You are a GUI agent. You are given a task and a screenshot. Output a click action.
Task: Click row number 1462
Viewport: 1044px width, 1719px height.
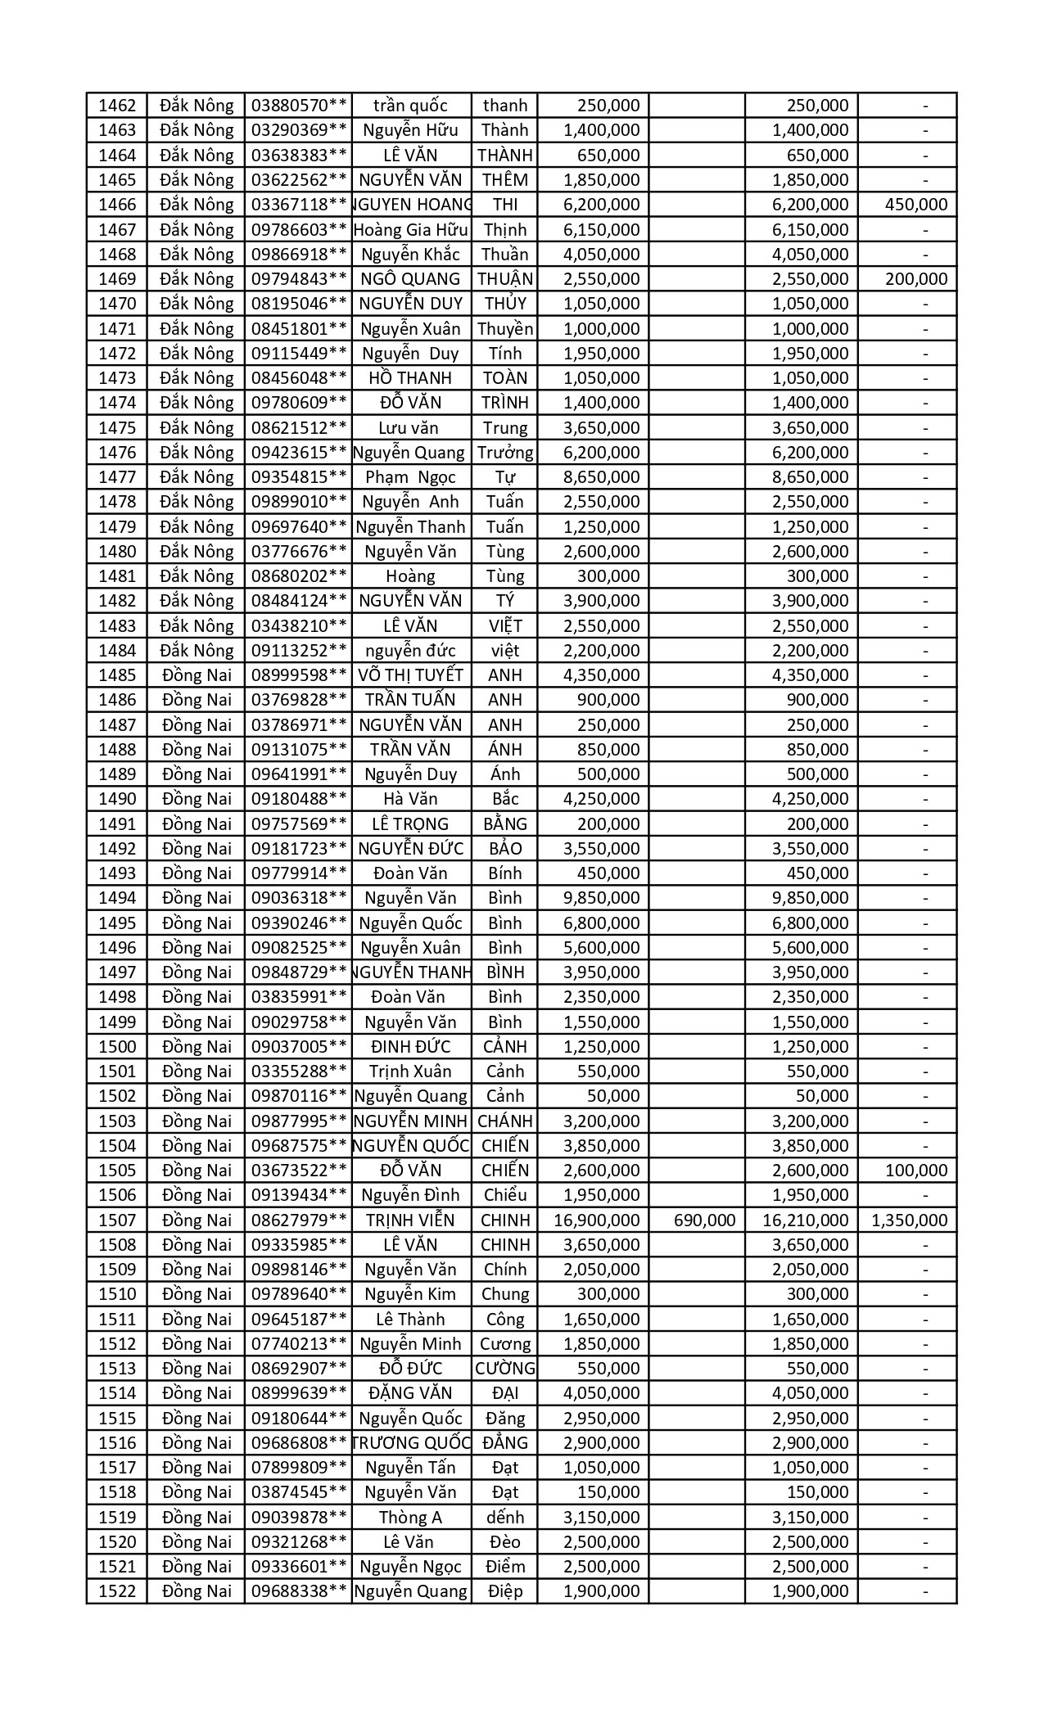click(x=116, y=106)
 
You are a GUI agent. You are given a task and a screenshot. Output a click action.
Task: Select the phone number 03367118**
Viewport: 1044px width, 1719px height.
click(x=299, y=205)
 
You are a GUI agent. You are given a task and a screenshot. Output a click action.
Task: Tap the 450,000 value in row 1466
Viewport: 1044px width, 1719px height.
click(x=916, y=205)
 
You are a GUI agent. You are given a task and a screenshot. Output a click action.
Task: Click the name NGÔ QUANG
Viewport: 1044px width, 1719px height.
click(x=411, y=279)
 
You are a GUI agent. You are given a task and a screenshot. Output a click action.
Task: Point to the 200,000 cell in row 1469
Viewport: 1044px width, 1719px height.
click(x=916, y=279)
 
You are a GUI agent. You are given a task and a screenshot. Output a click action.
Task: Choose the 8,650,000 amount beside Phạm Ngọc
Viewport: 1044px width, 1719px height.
click(x=602, y=477)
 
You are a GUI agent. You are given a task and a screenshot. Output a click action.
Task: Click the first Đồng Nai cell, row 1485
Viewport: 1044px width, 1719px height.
click(x=197, y=675)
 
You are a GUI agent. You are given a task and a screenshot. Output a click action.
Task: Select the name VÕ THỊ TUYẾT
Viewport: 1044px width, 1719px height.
click(x=411, y=675)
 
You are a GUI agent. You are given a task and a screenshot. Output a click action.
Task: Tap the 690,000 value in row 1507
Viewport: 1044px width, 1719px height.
click(x=704, y=1220)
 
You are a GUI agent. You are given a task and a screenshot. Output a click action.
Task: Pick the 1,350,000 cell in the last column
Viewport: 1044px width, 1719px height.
click(x=909, y=1220)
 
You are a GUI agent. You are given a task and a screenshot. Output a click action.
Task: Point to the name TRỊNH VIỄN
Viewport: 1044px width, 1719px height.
click(x=411, y=1220)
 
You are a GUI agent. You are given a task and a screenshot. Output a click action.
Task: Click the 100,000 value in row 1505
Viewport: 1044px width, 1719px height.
click(x=916, y=1171)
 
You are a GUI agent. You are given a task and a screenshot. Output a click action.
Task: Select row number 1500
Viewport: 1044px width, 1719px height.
click(x=116, y=1047)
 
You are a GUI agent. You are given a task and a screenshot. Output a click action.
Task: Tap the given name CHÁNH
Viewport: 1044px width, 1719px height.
click(x=505, y=1121)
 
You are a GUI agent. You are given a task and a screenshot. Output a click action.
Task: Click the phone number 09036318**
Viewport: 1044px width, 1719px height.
click(x=299, y=898)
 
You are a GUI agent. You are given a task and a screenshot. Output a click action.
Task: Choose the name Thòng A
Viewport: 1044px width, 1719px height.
click(x=411, y=1518)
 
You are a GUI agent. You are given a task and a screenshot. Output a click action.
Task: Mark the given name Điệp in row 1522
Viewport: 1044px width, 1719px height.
click(x=505, y=1591)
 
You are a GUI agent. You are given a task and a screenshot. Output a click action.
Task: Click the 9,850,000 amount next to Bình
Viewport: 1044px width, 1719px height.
click(x=602, y=898)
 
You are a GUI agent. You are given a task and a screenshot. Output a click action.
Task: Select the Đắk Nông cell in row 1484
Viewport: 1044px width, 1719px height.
click(x=197, y=651)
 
